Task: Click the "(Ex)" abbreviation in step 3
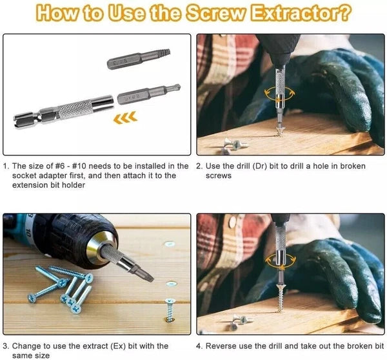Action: click(x=116, y=346)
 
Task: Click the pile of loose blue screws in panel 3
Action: click(x=61, y=284)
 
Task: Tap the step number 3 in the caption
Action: click(x=6, y=346)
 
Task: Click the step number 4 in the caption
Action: click(x=200, y=346)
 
